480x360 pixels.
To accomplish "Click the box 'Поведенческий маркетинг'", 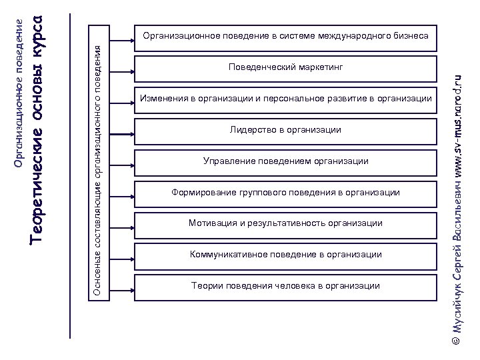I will (285, 67).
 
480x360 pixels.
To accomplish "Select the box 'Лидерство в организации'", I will (285, 130).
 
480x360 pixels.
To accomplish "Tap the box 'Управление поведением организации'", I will (285, 161).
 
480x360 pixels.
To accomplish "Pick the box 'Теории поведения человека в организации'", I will (285, 286).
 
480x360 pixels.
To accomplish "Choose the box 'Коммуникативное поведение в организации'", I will (285, 255).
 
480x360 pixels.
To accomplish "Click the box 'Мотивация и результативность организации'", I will (285, 223).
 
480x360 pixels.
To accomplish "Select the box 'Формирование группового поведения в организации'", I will (285, 193).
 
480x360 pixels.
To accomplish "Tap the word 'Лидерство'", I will (251, 130).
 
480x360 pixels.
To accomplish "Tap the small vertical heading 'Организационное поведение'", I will (19, 93).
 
